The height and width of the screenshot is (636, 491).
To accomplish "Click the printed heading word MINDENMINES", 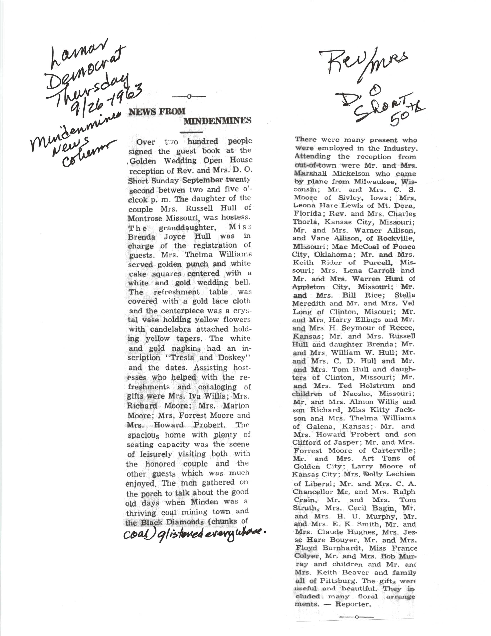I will [217, 121].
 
